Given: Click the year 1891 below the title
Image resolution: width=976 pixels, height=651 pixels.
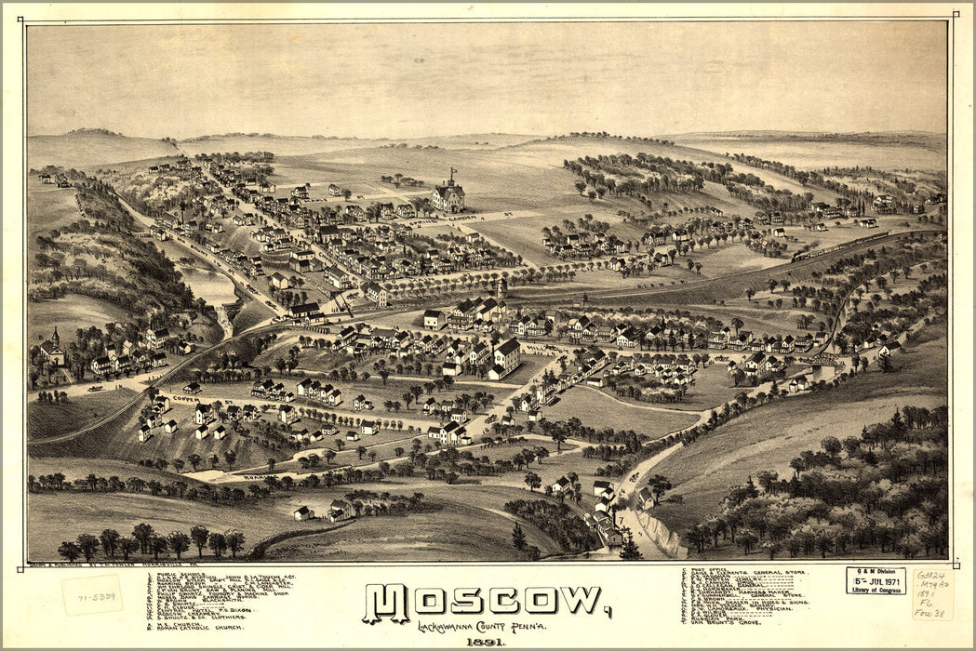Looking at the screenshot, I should pyautogui.click(x=487, y=642).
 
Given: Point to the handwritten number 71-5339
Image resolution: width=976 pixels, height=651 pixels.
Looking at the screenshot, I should pyautogui.click(x=92, y=595).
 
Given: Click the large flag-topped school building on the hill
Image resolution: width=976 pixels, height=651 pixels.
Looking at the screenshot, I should pyautogui.click(x=448, y=193).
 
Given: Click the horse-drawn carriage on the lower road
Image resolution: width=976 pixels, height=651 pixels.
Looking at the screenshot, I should pyautogui.click(x=634, y=476).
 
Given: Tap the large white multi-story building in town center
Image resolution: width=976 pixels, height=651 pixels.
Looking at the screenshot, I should pyautogui.click(x=506, y=356).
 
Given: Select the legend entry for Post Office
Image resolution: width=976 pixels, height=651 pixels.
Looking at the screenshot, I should pyautogui.click(x=708, y=573).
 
